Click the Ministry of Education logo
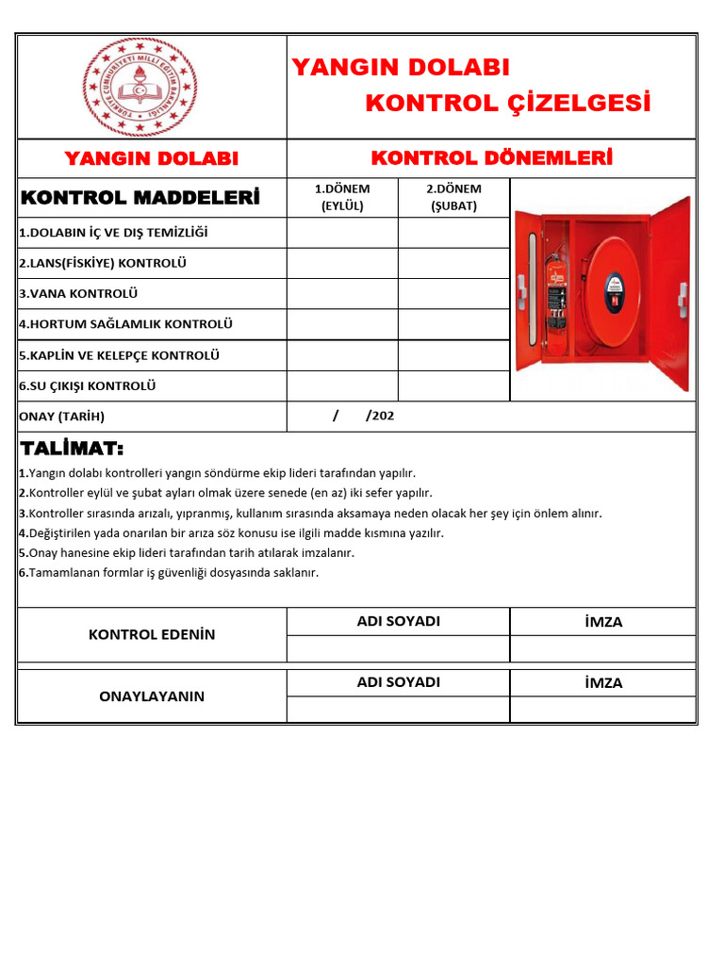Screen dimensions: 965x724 [x=140, y=87]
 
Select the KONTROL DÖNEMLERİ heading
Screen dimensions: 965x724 [x=491, y=157]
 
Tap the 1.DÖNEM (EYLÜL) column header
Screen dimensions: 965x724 [x=342, y=198]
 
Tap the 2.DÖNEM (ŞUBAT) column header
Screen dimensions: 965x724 [x=453, y=198]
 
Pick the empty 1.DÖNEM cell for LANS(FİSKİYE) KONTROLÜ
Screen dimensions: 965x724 [x=342, y=263]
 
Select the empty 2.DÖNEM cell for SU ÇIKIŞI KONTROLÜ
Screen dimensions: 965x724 [x=453, y=385]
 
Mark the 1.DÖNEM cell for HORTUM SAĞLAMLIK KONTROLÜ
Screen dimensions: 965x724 [x=342, y=324]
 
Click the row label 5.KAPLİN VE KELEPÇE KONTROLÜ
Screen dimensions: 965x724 [x=119, y=355]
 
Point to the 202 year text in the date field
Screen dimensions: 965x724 [x=383, y=416]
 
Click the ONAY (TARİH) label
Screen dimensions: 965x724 [x=62, y=416]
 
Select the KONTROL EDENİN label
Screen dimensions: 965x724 [x=152, y=634]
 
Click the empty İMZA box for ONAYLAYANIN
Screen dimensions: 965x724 [x=603, y=709]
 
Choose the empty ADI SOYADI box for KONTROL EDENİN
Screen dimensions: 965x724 [x=398, y=648]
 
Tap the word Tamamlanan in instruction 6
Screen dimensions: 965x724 [x=65, y=572]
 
